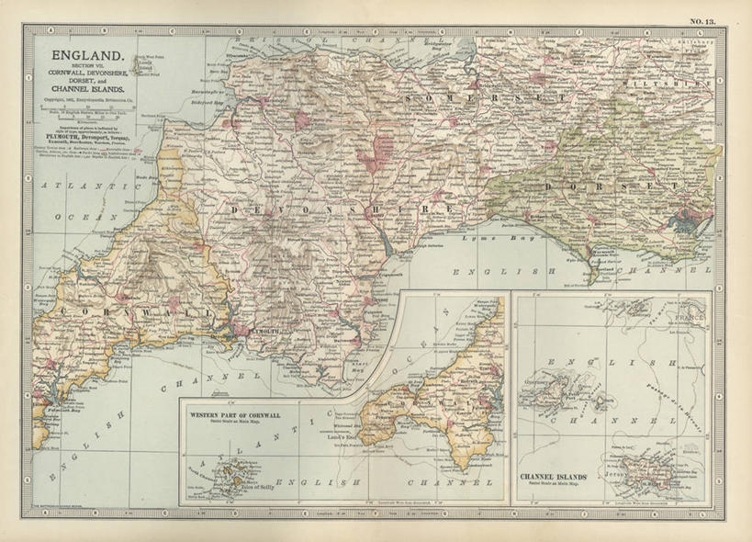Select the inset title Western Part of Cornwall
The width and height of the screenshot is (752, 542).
click(x=234, y=415)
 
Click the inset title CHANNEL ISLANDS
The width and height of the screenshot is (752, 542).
click(x=553, y=478)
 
